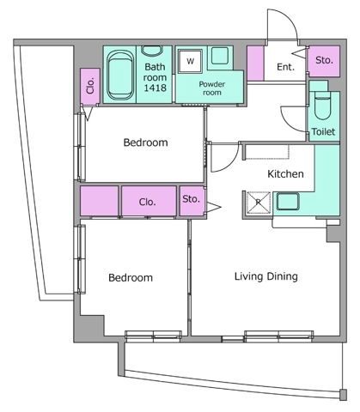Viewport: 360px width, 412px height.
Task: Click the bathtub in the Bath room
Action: pos(120,76)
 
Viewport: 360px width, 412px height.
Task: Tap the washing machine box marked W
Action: pos(190,61)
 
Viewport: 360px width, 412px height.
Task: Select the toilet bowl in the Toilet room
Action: pos(323,106)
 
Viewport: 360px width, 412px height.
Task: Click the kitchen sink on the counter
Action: pos(288,202)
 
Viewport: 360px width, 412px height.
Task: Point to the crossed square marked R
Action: pos(259,203)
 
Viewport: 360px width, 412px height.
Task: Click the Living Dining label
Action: pos(266,276)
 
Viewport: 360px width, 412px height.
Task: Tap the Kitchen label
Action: pos(285,173)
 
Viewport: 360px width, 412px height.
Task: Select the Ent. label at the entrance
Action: pos(285,67)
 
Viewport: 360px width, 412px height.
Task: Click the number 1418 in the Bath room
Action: pos(155,88)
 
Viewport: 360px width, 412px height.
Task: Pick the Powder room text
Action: pos(212,88)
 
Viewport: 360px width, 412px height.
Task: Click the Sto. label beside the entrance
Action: pos(324,60)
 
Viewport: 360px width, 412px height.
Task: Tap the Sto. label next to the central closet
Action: pos(191,199)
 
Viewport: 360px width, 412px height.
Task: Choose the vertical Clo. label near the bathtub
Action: pos(90,86)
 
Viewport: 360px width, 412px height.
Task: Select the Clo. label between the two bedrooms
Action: pos(148,202)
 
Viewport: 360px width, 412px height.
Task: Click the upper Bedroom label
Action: pos(145,142)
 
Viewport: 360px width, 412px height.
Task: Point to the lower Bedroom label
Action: pos(131,277)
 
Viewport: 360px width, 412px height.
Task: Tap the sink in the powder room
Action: pos(220,56)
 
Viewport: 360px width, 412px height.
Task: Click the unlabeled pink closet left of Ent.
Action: pos(255,64)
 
